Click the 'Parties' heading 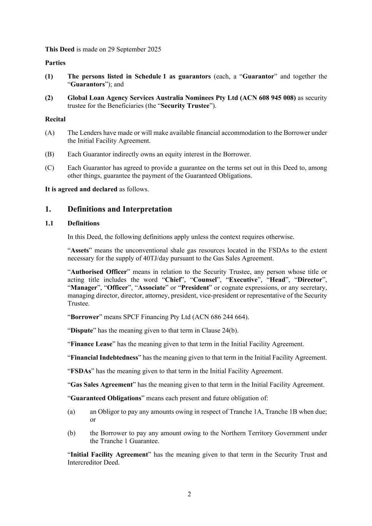coord(55,63)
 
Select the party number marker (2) coord(49,98)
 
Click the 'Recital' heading coord(55,119)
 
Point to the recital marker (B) coord(49,154)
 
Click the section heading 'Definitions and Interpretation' coord(119,209)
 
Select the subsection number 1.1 coord(49,224)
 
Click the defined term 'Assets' coord(80,250)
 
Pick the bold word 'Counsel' coord(204,280)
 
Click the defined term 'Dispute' coord(82,331)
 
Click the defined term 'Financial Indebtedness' coord(104,358)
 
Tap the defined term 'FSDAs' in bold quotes coord(81,371)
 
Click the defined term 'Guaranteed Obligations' coord(106,398)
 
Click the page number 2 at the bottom coord(189,494)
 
